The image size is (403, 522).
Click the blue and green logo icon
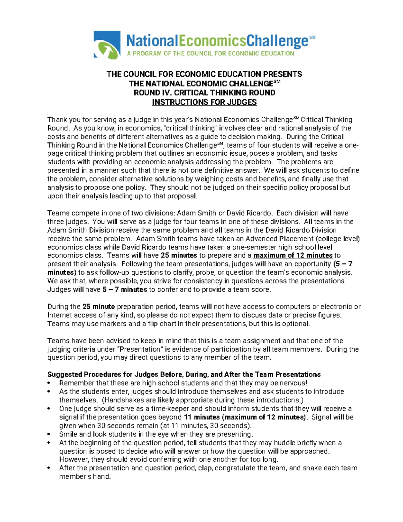(107, 45)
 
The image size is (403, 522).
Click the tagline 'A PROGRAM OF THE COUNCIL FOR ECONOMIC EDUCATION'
(210, 53)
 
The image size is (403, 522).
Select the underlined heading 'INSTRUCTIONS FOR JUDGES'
(204, 102)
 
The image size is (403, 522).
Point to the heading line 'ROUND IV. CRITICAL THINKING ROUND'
(204, 93)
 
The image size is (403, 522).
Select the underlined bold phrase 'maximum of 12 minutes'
(293, 255)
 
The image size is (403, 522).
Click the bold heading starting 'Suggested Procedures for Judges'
(184, 374)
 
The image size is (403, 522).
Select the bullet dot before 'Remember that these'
(49, 383)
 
